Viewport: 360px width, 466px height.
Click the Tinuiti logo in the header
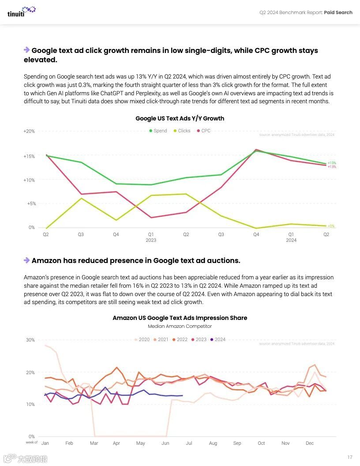click(21, 11)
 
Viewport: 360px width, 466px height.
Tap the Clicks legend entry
click(182, 131)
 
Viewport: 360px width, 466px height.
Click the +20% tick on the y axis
click(29, 132)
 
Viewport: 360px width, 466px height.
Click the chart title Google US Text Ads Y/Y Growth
click(180, 118)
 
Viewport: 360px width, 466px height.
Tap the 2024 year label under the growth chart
click(291, 241)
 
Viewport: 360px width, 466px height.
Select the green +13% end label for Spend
click(332, 163)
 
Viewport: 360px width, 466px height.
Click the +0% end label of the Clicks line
click(331, 226)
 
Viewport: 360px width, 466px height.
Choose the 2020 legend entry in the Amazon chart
click(142, 340)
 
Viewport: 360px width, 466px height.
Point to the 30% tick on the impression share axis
click(30, 340)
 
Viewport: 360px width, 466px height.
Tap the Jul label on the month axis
click(189, 443)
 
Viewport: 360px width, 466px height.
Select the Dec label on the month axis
click(309, 443)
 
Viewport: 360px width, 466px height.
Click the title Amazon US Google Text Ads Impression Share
click(180, 318)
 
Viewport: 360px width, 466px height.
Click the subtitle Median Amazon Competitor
click(180, 327)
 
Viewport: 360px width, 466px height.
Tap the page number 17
click(350, 457)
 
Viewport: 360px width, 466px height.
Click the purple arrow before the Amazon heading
click(26, 260)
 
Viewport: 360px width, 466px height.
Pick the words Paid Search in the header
click(338, 12)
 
